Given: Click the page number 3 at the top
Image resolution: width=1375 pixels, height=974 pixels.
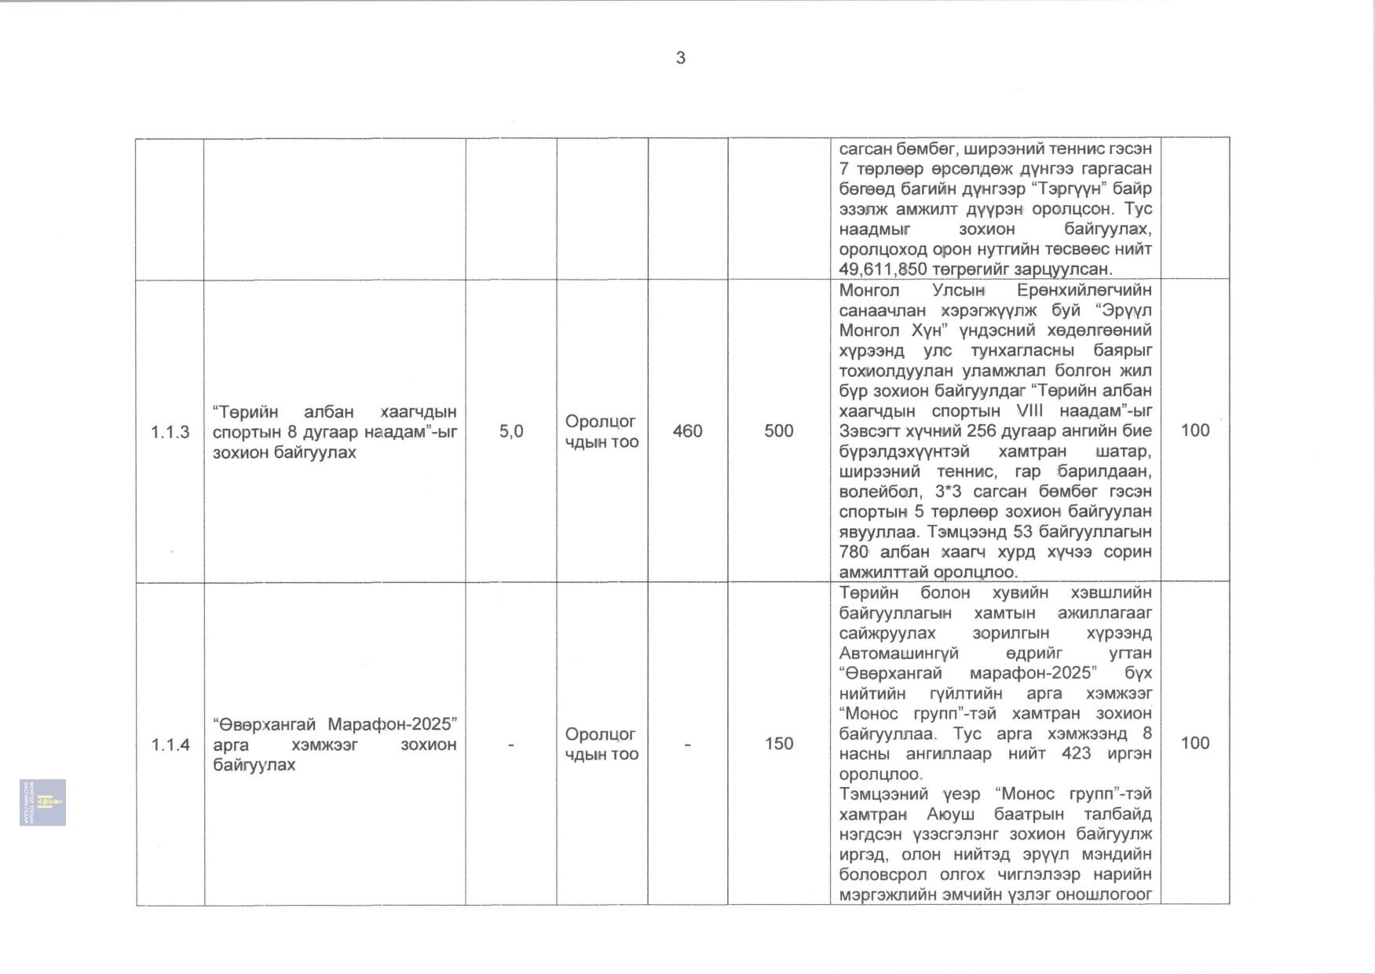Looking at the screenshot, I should point(681,58).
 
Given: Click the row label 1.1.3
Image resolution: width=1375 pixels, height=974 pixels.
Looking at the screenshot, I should point(170,432).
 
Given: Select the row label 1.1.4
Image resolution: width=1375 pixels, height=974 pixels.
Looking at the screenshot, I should point(170,745).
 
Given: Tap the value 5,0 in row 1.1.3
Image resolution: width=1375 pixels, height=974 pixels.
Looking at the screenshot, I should point(511,431).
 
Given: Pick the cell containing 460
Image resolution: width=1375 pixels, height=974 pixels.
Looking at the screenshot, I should point(687,431).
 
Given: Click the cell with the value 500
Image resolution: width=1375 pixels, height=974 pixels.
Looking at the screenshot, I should point(779,431).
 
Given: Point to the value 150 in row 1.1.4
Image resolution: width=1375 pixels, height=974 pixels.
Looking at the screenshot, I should point(779,744).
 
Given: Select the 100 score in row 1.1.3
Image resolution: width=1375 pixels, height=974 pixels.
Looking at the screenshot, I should point(1195,430).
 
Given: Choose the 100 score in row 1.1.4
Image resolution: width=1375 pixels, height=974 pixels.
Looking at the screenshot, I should point(1195,743).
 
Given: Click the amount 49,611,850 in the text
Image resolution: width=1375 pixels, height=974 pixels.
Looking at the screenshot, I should point(883,269).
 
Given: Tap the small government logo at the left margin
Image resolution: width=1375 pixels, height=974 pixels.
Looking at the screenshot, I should point(43,802).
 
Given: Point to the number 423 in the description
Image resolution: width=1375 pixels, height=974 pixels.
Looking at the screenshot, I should point(1076,753).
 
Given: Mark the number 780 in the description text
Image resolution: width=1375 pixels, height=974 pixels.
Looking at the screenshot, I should point(854,552).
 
